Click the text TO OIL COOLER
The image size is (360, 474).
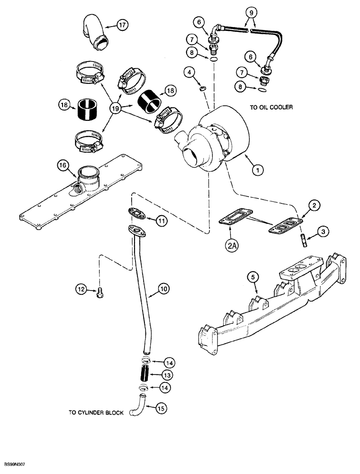pyautogui.click(x=271, y=108)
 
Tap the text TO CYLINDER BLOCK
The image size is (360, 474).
pyautogui.click(x=96, y=413)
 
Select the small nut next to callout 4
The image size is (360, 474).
pyautogui.click(x=203, y=88)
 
